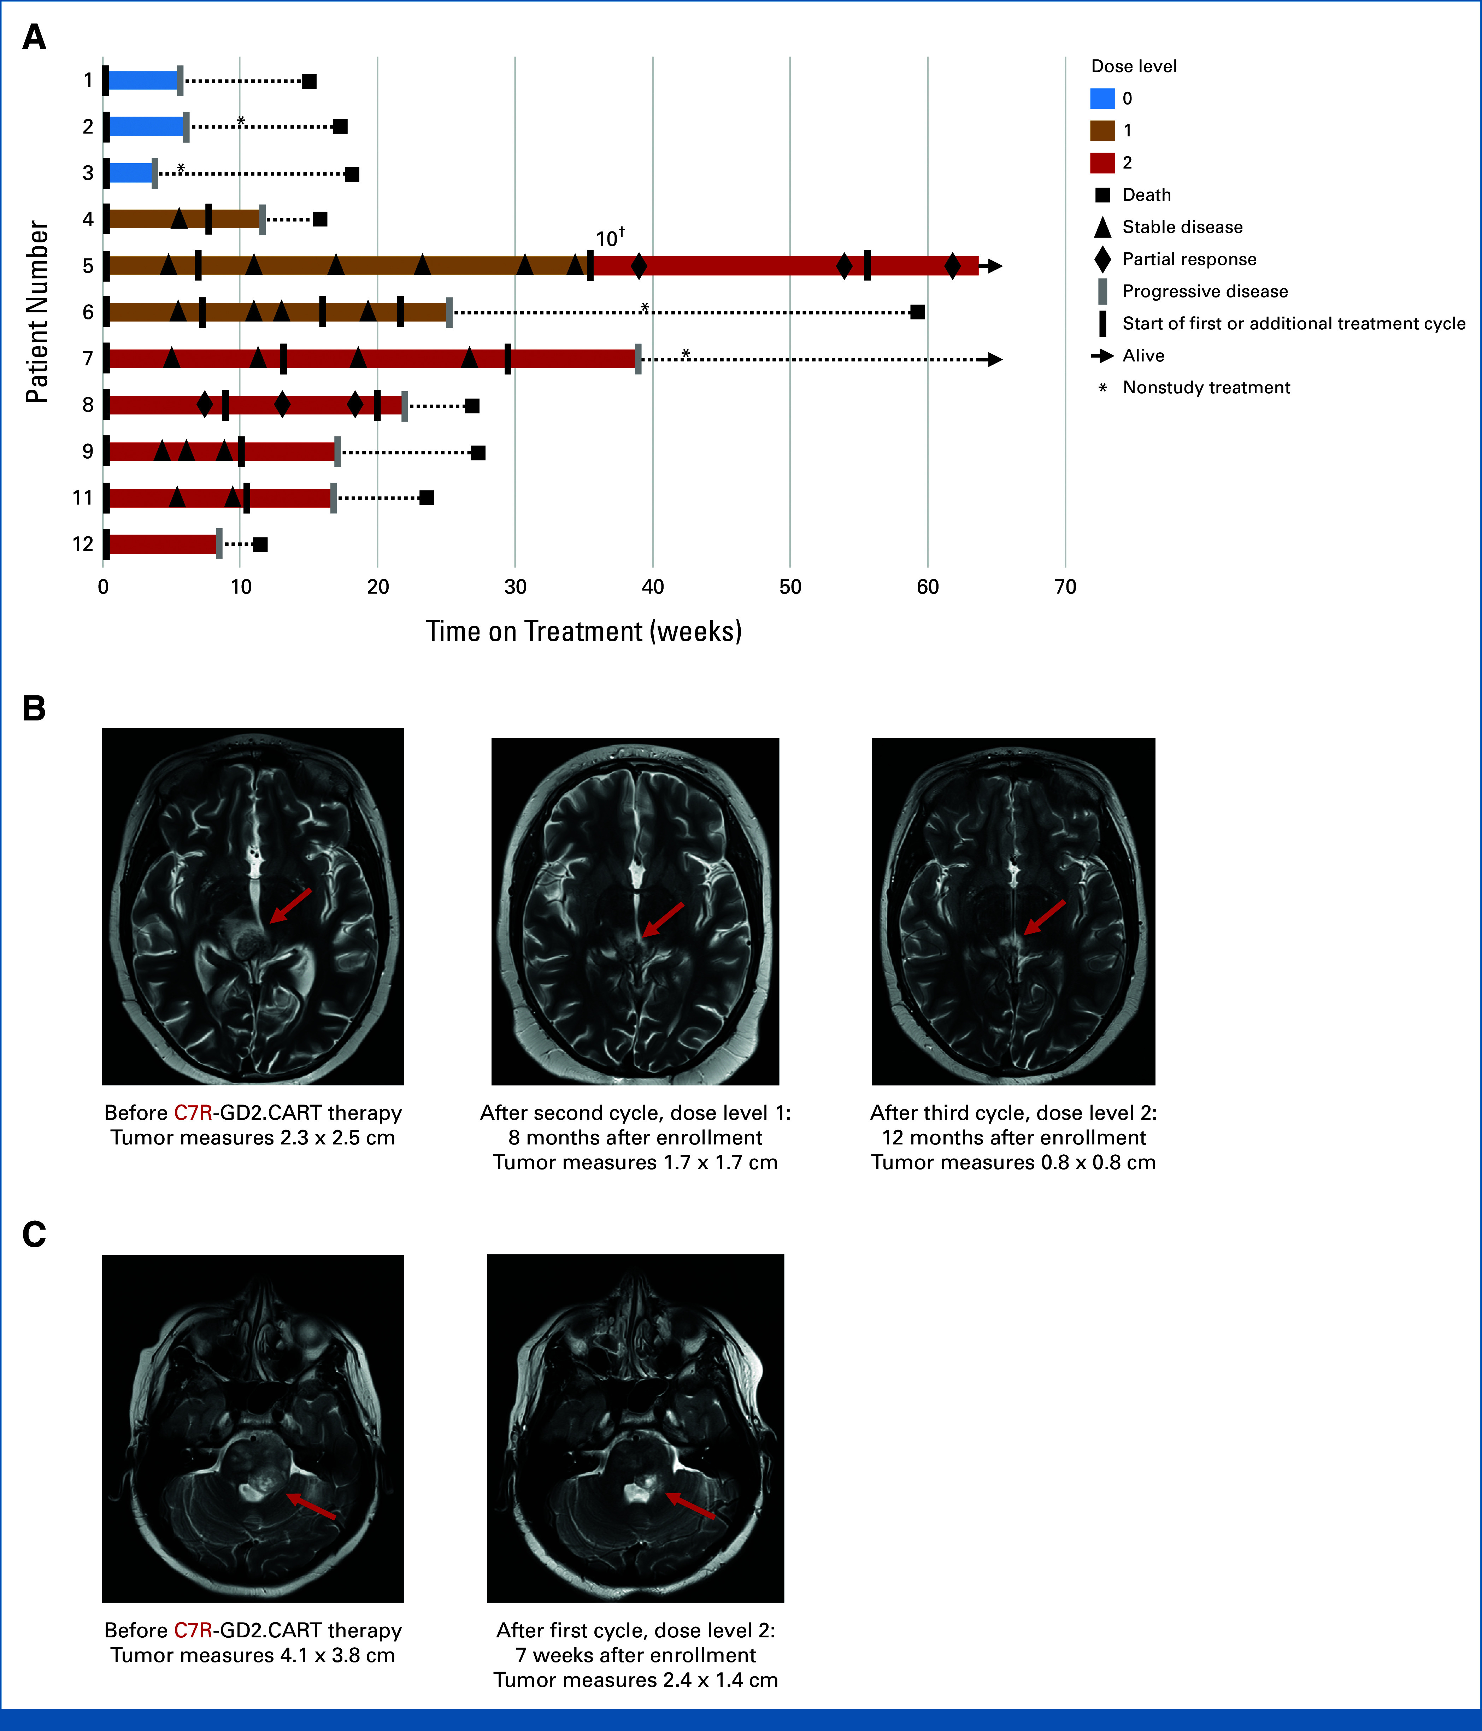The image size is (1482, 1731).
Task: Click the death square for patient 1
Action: pyautogui.click(x=309, y=81)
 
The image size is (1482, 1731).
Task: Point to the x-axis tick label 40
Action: pyautogui.click(x=652, y=587)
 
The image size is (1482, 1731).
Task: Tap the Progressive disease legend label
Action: pyautogui.click(x=1205, y=292)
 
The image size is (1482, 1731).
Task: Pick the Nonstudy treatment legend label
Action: pyautogui.click(x=1206, y=388)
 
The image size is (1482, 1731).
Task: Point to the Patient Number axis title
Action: pyautogui.click(x=37, y=312)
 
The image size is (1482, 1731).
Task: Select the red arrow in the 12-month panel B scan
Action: pyautogui.click(x=1044, y=917)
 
